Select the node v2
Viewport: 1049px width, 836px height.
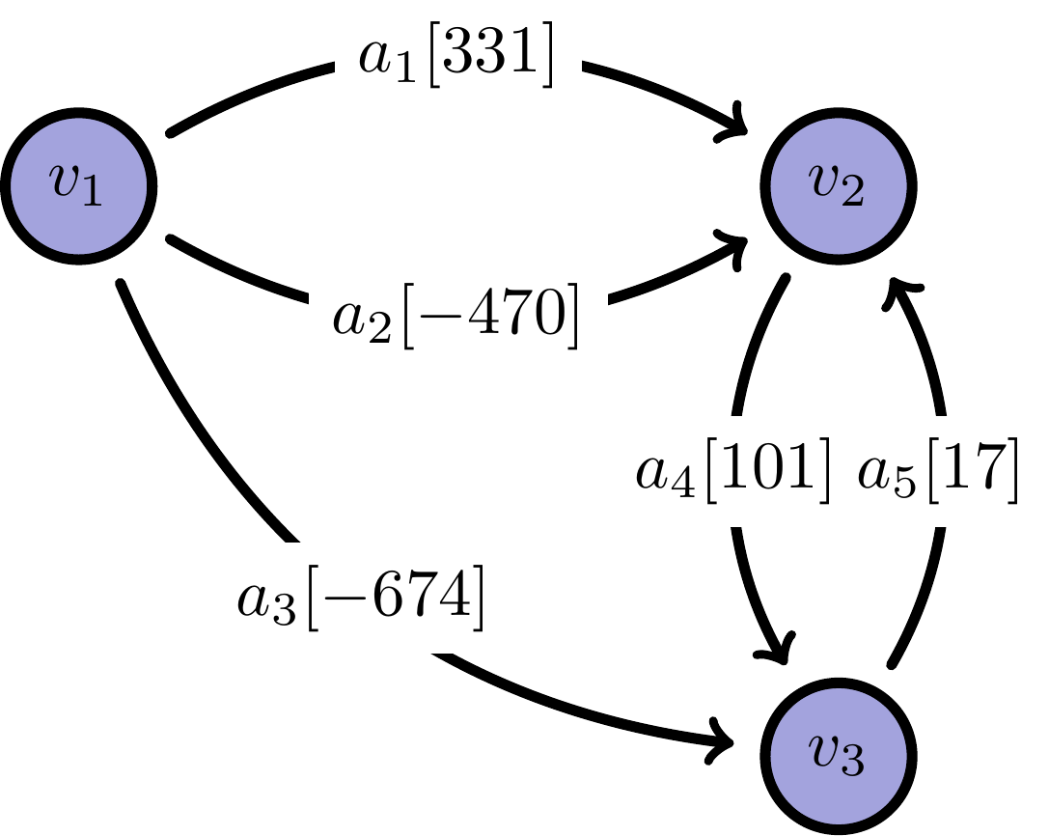pos(838,185)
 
